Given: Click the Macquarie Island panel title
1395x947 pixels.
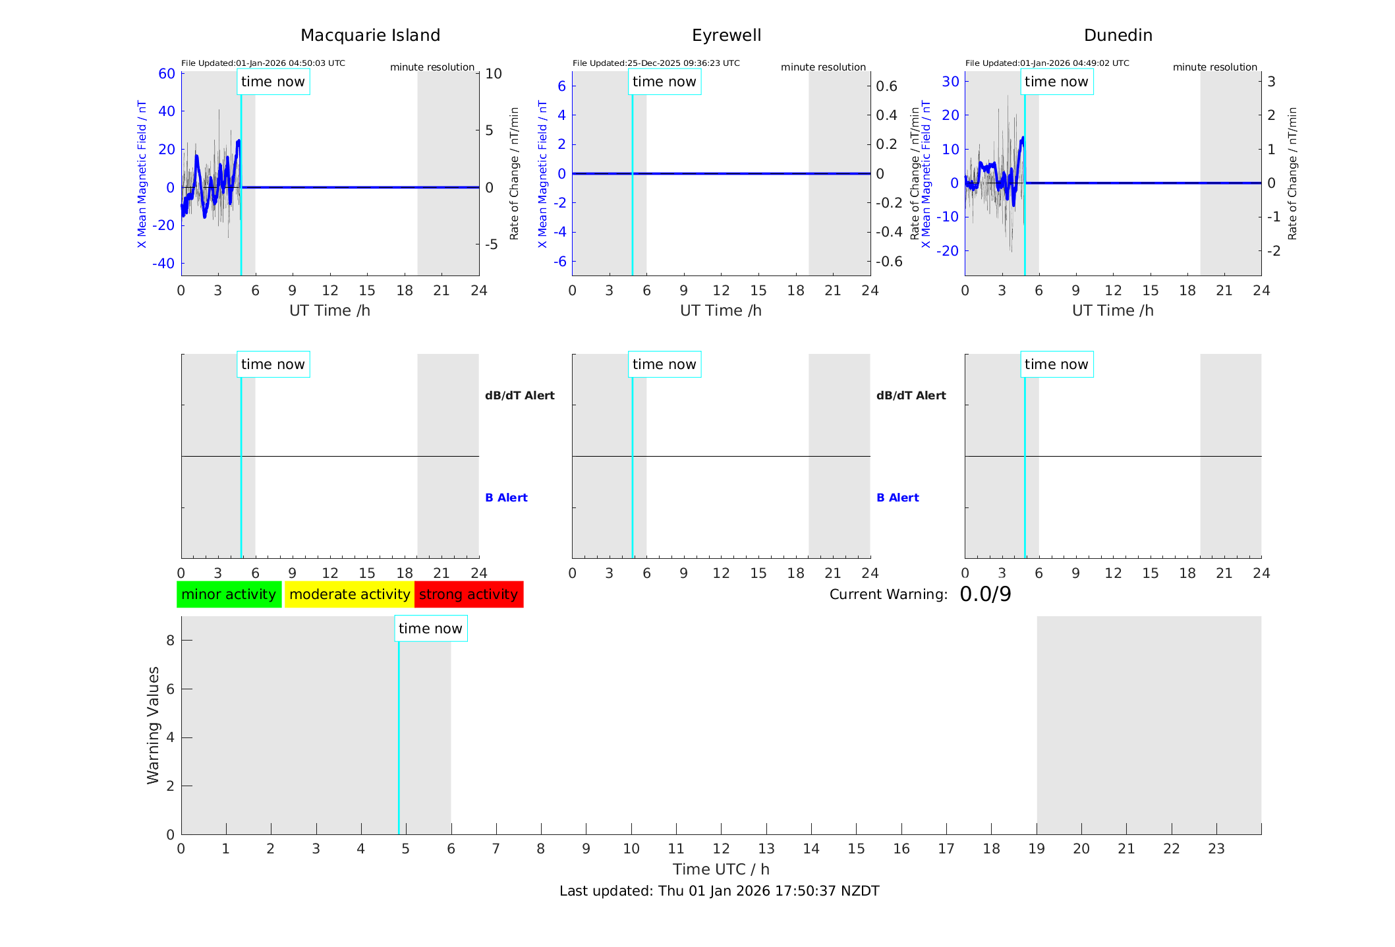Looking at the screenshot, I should click(x=370, y=36).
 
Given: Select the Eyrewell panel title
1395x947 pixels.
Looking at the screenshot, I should click(x=726, y=36).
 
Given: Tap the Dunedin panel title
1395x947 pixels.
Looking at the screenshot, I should click(x=1118, y=36).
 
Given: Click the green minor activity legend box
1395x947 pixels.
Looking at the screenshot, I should click(x=229, y=594).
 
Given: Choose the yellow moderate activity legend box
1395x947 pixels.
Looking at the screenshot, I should click(x=349, y=594).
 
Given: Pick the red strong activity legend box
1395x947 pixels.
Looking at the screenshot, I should click(x=469, y=594).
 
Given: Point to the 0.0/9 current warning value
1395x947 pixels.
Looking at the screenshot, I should click(x=985, y=594).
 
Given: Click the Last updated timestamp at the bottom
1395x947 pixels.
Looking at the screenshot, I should click(x=719, y=891).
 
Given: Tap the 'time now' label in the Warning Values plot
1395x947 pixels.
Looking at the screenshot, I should click(x=430, y=629).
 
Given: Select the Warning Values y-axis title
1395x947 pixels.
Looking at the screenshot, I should click(x=153, y=725).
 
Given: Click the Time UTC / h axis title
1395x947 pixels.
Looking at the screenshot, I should click(x=721, y=869).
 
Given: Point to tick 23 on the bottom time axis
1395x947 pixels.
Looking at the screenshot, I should click(x=1216, y=849).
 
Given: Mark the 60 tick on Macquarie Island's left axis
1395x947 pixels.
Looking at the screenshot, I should click(x=167, y=74).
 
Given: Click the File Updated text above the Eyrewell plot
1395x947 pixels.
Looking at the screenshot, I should click(x=656, y=63).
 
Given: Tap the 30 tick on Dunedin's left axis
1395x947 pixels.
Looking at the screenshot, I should click(x=950, y=81).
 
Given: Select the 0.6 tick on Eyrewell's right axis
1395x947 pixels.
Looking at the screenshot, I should click(x=886, y=86).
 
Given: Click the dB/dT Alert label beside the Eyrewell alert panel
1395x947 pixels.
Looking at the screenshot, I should click(x=911, y=395).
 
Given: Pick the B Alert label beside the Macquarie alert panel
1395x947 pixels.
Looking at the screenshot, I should click(x=506, y=498).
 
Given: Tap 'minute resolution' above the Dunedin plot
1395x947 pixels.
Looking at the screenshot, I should click(x=1214, y=67).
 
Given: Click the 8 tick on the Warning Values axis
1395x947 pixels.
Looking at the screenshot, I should click(x=170, y=640).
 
